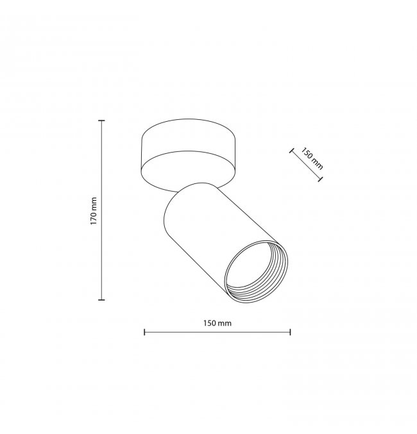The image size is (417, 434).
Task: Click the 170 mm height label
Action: [x=94, y=211]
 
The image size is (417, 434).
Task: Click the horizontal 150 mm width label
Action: [x=217, y=323]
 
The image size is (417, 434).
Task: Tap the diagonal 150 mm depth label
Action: [x=312, y=158]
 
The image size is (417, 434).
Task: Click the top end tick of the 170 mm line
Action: [x=102, y=121]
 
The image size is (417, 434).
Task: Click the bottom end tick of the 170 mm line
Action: [x=102, y=300]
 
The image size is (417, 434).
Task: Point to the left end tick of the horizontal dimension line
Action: [x=144, y=332]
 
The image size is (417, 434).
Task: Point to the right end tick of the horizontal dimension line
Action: [x=290, y=332]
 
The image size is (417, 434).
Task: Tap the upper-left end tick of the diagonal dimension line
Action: [x=291, y=151]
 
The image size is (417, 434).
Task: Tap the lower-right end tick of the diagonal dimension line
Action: [x=320, y=179]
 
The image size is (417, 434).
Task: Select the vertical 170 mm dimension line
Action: [x=102, y=210]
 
